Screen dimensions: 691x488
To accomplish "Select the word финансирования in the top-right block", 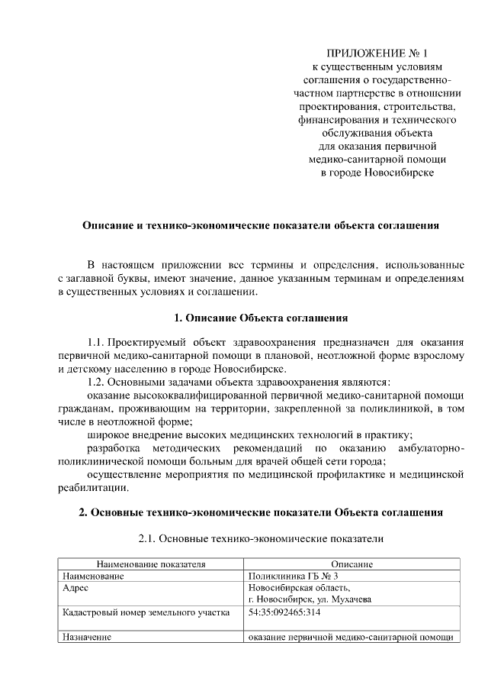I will click(333, 120).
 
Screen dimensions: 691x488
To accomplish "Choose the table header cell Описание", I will click(351, 564).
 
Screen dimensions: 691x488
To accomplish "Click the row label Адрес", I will click(76, 588).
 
